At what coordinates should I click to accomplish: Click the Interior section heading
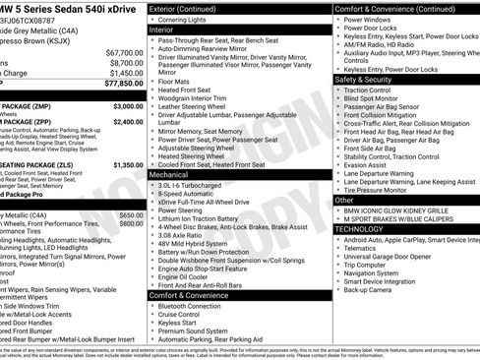161,30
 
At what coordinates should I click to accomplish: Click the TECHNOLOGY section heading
359,228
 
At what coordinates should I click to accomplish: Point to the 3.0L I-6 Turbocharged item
196,184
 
